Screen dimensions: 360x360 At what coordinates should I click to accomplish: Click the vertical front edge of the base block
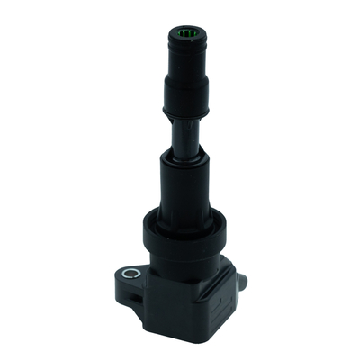[193, 306]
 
